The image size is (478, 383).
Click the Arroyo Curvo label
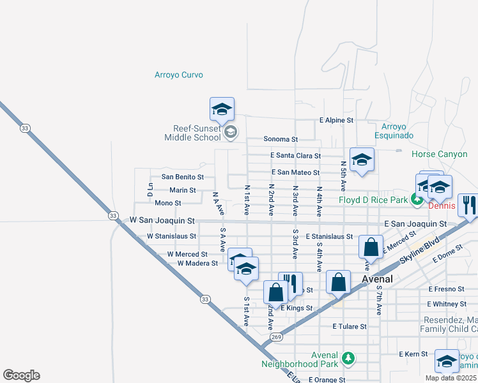coord(178,75)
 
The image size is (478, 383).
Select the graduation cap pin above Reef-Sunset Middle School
coord(222,110)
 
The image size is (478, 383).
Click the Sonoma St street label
coord(281,139)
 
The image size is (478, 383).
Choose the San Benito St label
coord(182,177)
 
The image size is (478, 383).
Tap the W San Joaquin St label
coord(162,220)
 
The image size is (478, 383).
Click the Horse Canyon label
coord(440,154)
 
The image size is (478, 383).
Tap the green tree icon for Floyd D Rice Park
coord(417,200)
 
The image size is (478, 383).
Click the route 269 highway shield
coord(276,336)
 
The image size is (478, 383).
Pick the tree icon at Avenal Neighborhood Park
coord(348,356)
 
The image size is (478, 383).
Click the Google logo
coord(21,375)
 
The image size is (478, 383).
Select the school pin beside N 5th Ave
coord(362,160)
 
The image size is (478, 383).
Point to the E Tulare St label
coord(350,326)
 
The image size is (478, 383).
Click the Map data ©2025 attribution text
coord(451,378)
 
